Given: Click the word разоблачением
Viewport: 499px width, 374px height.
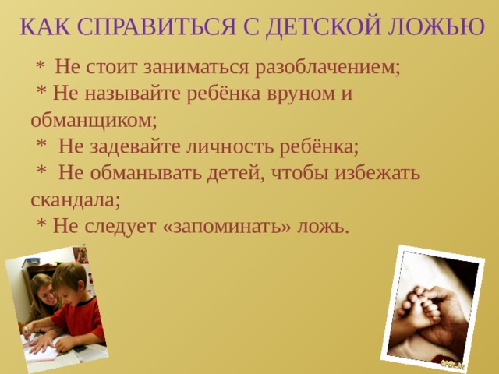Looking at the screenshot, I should tap(328, 67).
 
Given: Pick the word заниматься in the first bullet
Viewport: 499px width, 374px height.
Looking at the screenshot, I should tap(195, 67).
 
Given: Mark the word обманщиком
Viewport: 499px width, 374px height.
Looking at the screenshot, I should tap(93, 120).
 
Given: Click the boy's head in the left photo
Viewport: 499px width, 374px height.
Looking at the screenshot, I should tap(71, 280).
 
